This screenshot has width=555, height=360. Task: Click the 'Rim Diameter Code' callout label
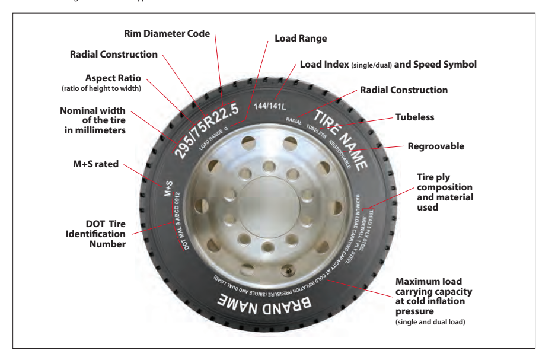click(x=167, y=34)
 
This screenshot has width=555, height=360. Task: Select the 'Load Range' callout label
click(x=301, y=39)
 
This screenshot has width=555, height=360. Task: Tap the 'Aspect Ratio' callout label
click(x=102, y=78)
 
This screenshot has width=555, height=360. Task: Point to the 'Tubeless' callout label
click(x=415, y=117)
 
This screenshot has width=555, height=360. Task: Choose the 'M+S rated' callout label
click(x=93, y=164)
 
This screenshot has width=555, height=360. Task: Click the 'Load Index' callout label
click(x=388, y=64)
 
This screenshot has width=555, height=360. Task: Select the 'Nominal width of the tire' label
click(x=93, y=120)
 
